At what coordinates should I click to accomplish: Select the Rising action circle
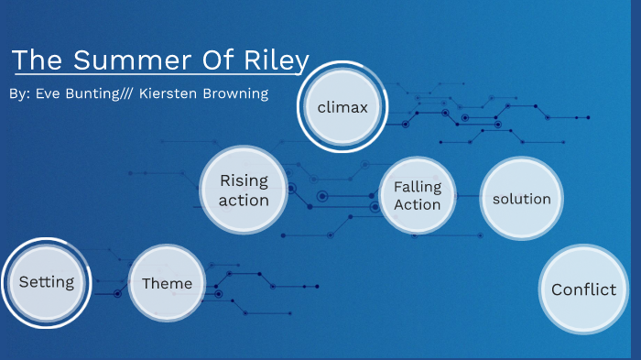(244, 191)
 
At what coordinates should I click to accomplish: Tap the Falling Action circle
(418, 195)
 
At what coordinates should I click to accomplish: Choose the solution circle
(521, 199)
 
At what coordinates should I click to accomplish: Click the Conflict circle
(583, 289)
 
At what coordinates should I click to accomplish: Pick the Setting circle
(47, 282)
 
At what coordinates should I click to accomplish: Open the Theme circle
(167, 283)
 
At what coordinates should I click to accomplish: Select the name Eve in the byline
(49, 94)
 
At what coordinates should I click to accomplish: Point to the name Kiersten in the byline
(171, 94)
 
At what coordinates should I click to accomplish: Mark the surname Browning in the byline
(237, 94)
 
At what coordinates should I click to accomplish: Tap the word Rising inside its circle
(244, 181)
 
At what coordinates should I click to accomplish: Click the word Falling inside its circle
(418, 186)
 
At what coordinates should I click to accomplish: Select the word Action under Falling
(418, 204)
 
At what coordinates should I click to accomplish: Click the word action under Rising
(244, 201)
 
